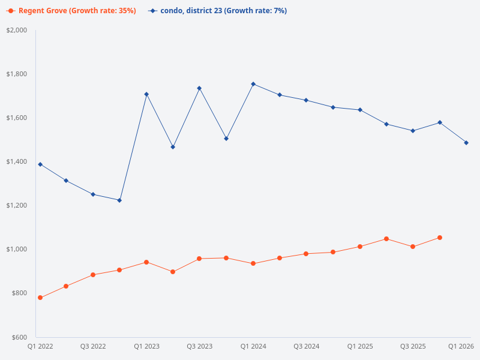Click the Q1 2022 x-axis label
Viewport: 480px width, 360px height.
point(40,346)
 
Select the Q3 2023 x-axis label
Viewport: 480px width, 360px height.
point(199,346)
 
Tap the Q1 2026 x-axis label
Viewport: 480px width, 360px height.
point(462,346)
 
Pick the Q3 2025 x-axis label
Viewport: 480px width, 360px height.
point(413,346)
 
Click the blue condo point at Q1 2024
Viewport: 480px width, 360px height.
point(253,84)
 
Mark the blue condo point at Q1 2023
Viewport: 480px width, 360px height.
point(146,94)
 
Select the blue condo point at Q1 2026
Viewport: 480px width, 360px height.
point(466,143)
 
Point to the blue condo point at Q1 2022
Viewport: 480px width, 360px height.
point(40,164)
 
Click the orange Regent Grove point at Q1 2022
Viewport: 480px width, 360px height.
point(40,298)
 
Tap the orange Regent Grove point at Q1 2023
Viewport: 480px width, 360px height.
point(146,262)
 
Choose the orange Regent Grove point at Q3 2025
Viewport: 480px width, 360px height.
point(413,247)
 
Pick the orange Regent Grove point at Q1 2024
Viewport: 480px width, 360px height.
point(253,263)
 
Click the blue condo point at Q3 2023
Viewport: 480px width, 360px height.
point(199,88)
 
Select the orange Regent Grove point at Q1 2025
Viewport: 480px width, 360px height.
point(360,247)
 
